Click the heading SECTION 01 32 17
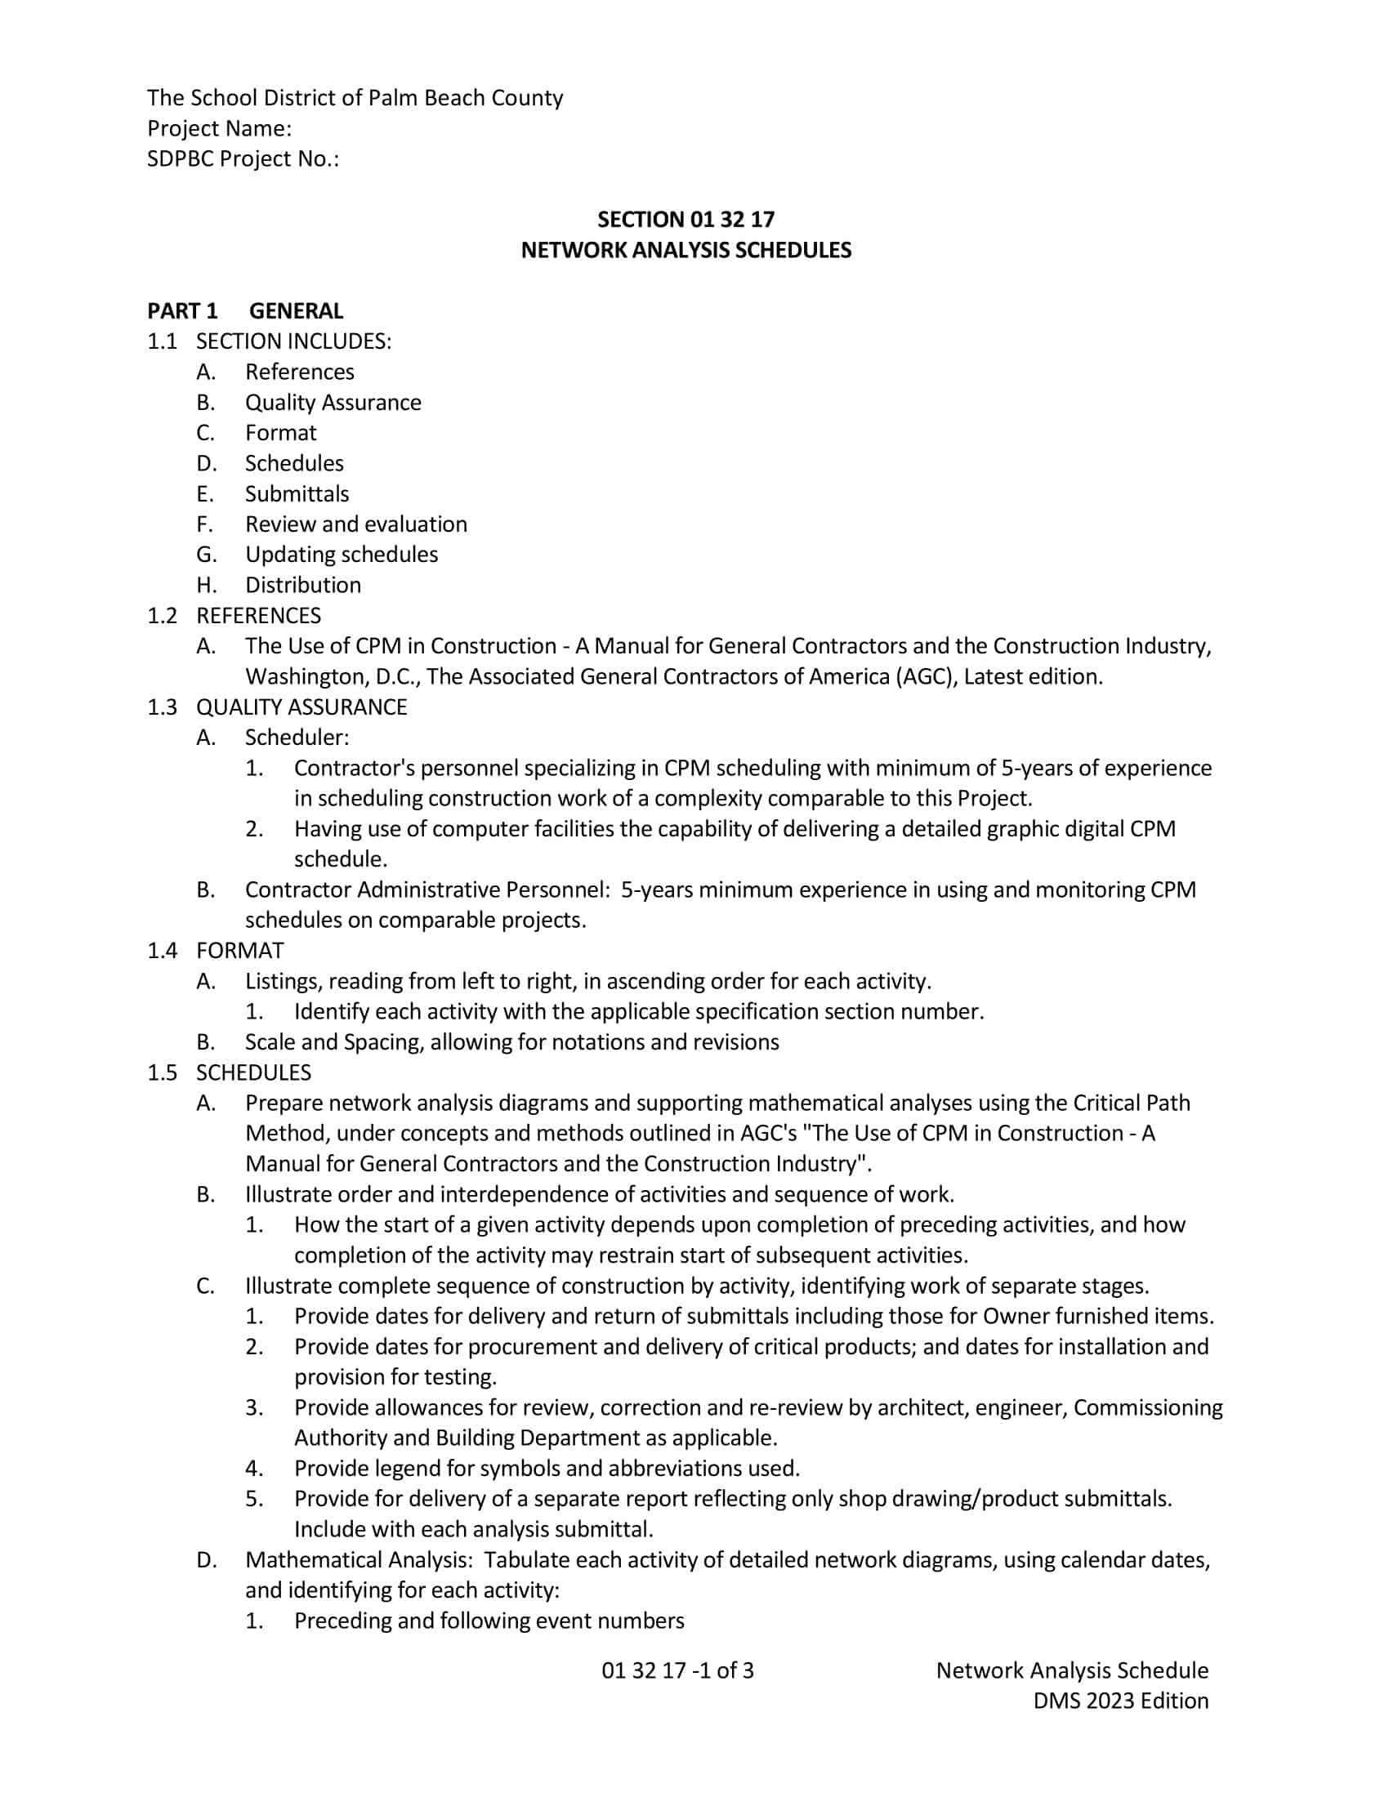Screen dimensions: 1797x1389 686,220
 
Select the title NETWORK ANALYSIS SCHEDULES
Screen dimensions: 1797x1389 686,250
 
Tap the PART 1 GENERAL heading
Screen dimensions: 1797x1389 245,311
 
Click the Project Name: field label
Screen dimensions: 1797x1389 219,128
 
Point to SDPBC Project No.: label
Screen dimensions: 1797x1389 243,158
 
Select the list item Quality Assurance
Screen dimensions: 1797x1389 333,403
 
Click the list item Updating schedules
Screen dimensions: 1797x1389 341,555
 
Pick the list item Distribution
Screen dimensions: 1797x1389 303,585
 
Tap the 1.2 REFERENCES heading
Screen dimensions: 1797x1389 234,615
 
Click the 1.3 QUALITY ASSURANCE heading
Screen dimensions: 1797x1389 277,707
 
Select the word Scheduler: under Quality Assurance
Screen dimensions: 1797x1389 297,738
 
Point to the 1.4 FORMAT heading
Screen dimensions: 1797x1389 216,950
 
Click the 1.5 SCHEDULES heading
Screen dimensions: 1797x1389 230,1072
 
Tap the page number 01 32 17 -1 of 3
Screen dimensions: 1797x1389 677,1670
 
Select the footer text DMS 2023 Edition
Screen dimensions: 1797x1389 1121,1701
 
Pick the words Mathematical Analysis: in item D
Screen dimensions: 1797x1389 358,1560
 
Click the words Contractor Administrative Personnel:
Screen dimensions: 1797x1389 427,890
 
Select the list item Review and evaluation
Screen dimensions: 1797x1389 355,524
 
